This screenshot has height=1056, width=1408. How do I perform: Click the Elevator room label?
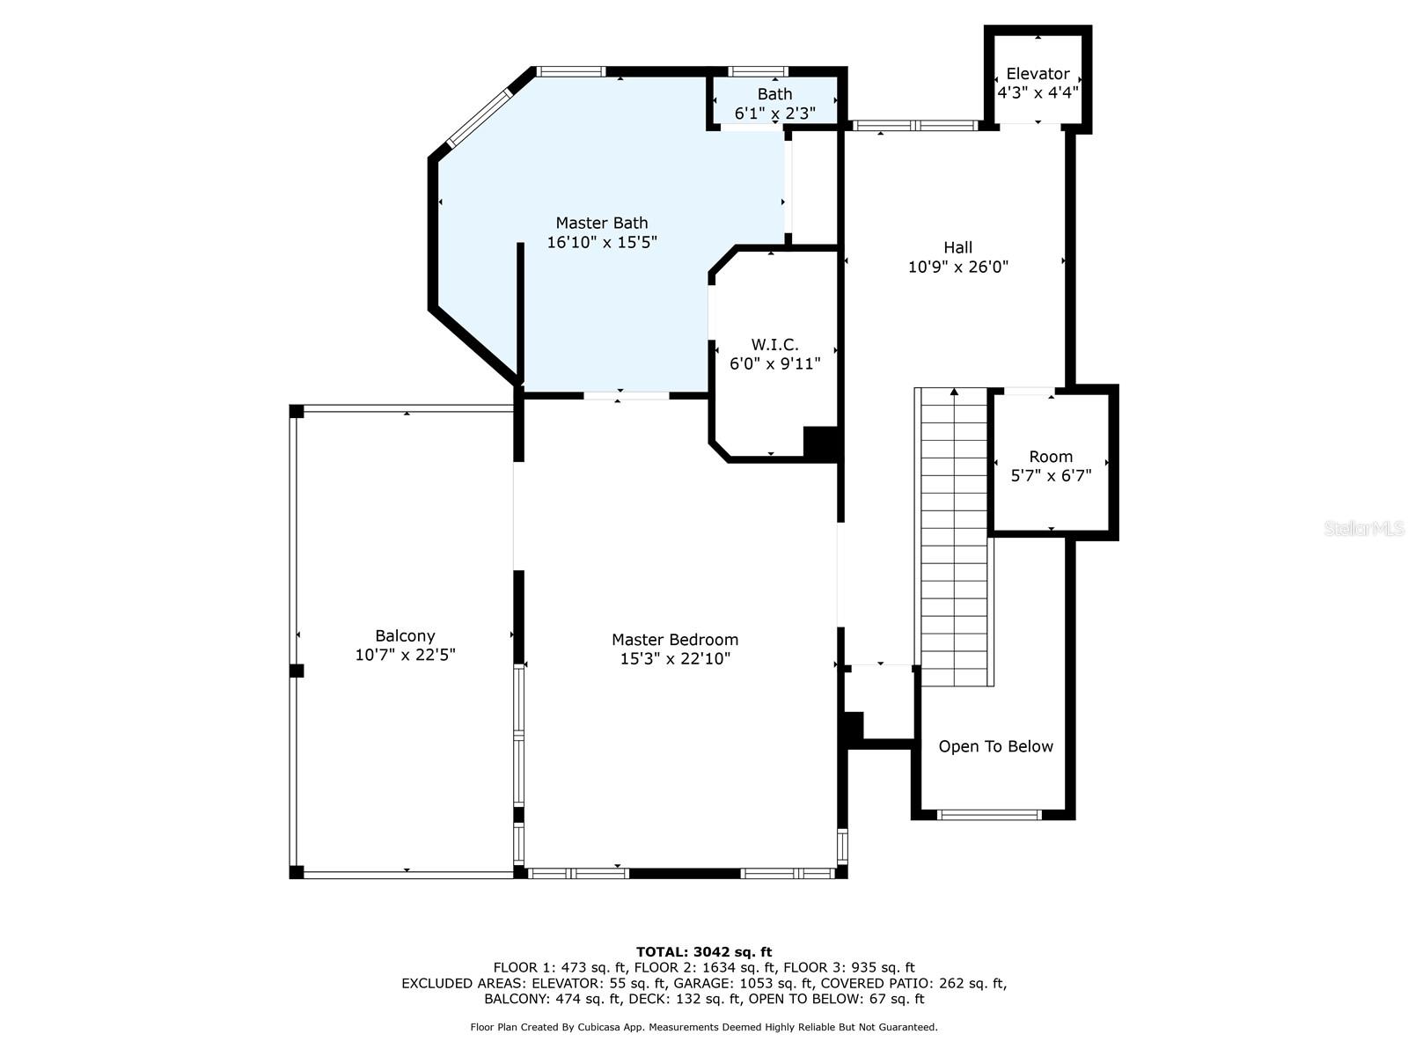pyautogui.click(x=1038, y=74)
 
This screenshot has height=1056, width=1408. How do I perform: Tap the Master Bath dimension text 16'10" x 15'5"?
pyautogui.click(x=602, y=242)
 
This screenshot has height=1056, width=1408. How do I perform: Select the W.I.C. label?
pyautogui.click(x=774, y=344)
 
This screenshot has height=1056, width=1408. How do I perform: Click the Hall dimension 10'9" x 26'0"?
pyautogui.click(x=957, y=267)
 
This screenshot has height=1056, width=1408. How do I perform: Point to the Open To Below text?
pyautogui.click(x=995, y=746)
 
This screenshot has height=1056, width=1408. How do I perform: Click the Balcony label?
pyautogui.click(x=405, y=635)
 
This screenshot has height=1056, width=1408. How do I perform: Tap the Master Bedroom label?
pyautogui.click(x=675, y=640)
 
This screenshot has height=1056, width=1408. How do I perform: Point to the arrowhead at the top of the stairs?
pyautogui.click(x=954, y=392)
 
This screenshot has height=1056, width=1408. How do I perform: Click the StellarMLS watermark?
pyautogui.click(x=1363, y=528)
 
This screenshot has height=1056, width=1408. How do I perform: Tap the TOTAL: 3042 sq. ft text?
pyautogui.click(x=703, y=951)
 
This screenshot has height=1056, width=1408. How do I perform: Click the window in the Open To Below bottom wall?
pyautogui.click(x=990, y=815)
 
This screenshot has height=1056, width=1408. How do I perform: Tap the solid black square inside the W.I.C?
pyautogui.click(x=820, y=442)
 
